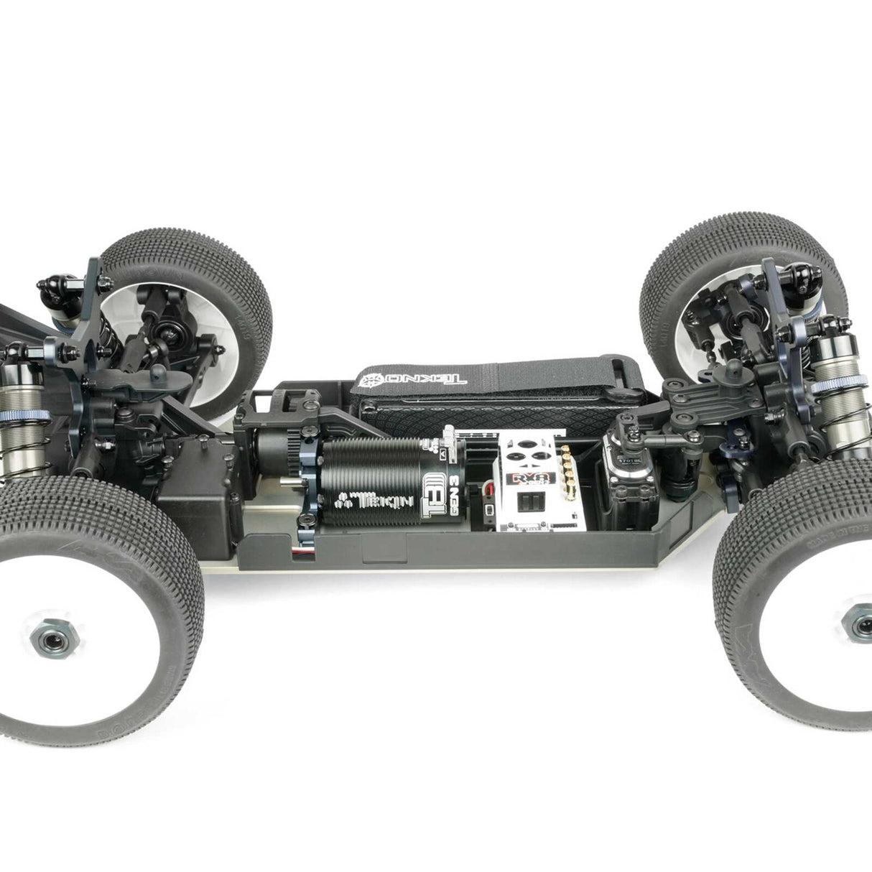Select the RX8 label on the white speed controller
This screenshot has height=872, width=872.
(534, 480)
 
